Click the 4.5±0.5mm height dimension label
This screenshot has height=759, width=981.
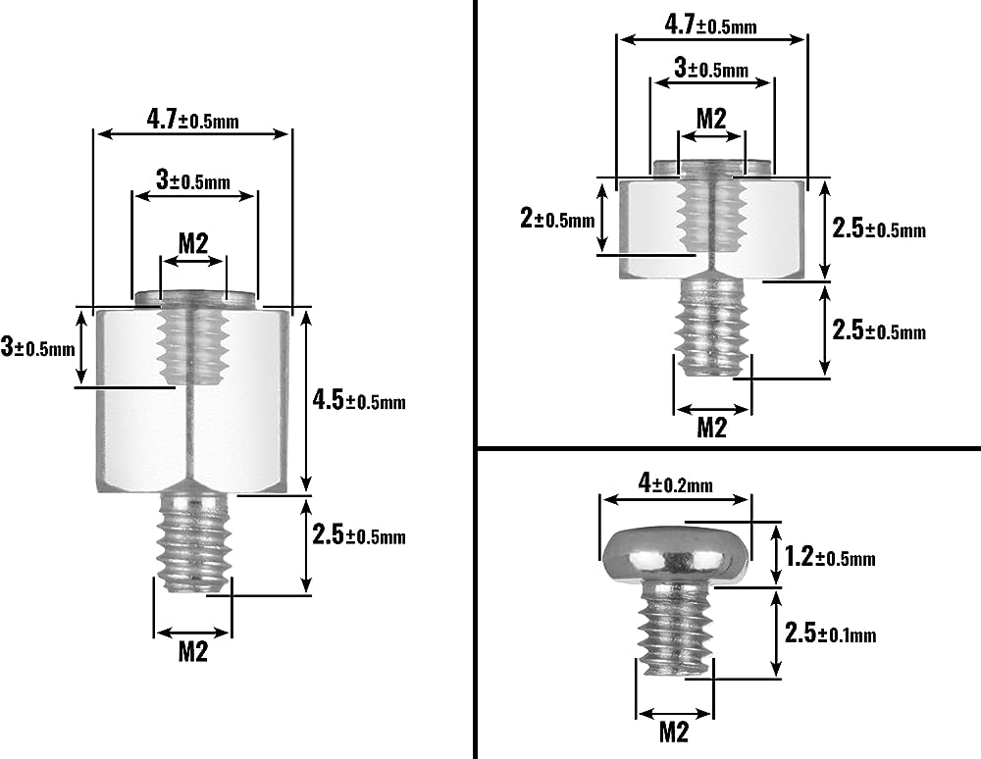pos(358,400)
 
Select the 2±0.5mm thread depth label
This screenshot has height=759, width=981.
pos(557,219)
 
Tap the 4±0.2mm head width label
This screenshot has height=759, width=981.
pos(675,483)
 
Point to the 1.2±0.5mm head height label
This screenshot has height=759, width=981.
pos(830,558)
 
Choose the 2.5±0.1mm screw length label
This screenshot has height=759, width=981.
pos(830,634)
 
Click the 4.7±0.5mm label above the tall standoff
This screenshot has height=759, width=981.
pos(192,121)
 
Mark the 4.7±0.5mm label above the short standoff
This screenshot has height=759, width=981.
pos(710,25)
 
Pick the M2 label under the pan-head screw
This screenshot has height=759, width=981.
pos(673,731)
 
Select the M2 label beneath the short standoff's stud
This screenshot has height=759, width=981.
pos(711,427)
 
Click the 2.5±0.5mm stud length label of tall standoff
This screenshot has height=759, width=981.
pos(358,535)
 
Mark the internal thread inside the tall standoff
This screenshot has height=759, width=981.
pos(192,343)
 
